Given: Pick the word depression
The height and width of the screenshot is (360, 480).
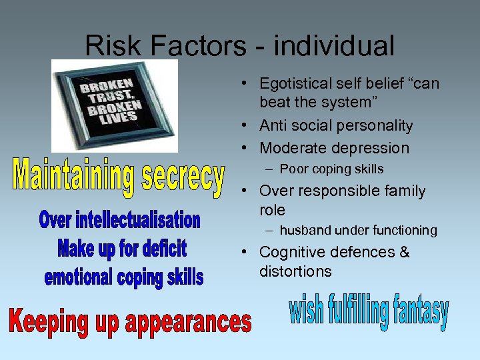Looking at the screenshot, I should (x=370, y=149).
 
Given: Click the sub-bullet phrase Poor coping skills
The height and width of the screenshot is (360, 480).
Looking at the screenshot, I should (x=331, y=169).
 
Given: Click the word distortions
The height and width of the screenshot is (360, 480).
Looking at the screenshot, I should (x=295, y=272).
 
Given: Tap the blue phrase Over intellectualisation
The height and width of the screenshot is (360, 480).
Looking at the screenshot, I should (x=120, y=219).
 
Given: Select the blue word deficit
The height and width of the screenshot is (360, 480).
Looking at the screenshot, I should (x=160, y=249).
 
